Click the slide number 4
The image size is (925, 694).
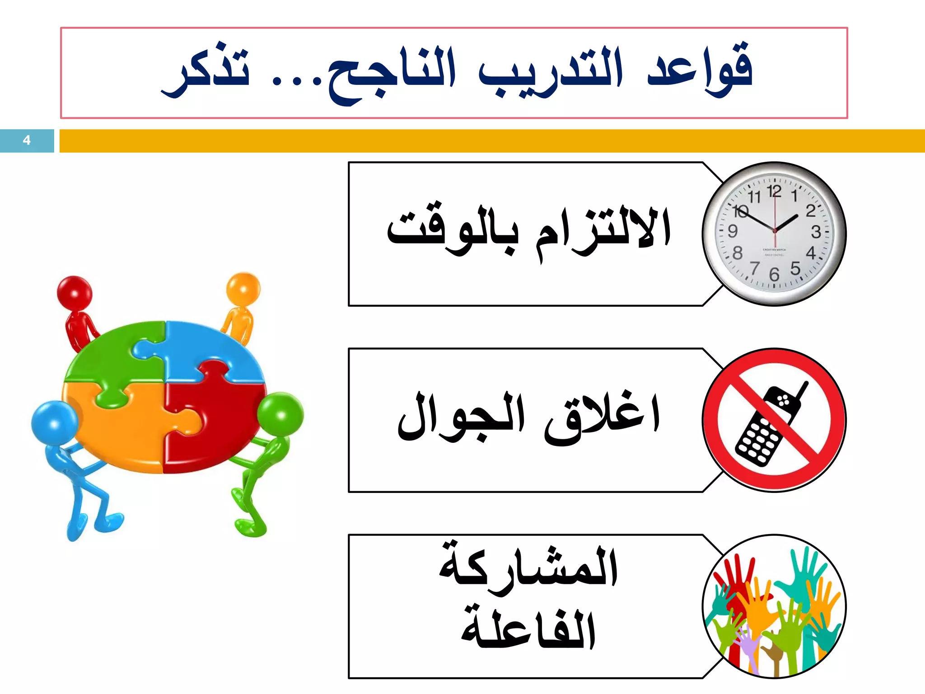click(27, 141)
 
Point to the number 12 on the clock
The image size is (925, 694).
click(774, 191)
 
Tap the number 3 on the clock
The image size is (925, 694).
click(816, 232)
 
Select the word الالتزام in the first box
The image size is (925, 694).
click(603, 230)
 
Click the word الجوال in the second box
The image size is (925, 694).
click(461, 418)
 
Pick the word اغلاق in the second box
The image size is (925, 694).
click(603, 418)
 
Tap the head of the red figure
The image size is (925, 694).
click(75, 293)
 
